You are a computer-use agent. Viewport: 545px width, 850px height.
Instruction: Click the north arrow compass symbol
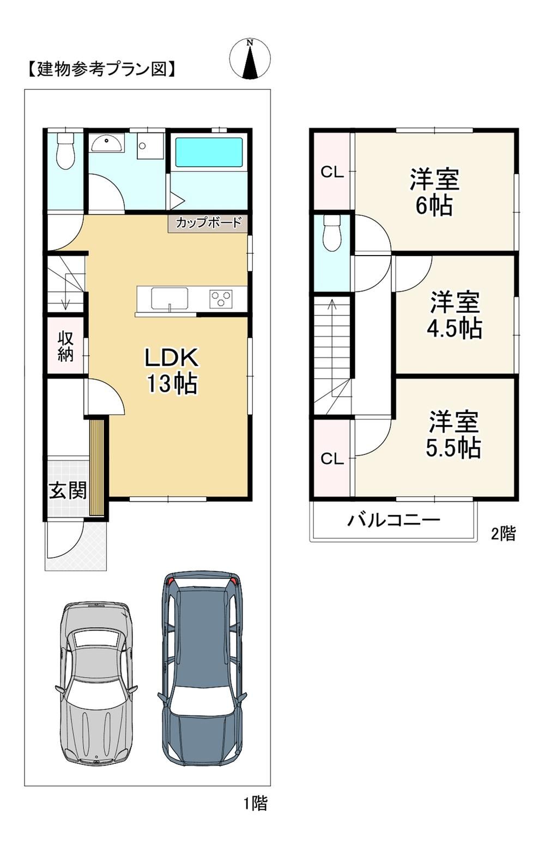(x=250, y=59)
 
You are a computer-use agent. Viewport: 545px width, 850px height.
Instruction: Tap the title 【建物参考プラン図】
(x=102, y=69)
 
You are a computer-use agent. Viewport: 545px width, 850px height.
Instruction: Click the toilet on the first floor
(x=65, y=151)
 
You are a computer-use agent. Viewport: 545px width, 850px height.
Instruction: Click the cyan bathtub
(x=209, y=152)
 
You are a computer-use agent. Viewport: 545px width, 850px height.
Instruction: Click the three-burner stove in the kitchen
(x=221, y=299)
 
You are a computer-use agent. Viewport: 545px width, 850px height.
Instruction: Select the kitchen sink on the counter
(x=169, y=299)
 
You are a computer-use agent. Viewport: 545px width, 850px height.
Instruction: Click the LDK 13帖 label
(x=172, y=370)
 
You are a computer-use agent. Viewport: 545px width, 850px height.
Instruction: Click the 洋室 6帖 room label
(x=434, y=192)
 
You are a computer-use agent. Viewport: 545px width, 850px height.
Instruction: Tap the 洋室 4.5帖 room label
(x=455, y=314)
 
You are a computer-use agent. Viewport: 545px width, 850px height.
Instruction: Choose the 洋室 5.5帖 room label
(x=453, y=434)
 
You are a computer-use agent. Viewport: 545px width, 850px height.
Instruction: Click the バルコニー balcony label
(x=394, y=519)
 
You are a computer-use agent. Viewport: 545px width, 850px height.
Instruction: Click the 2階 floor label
(x=504, y=533)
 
